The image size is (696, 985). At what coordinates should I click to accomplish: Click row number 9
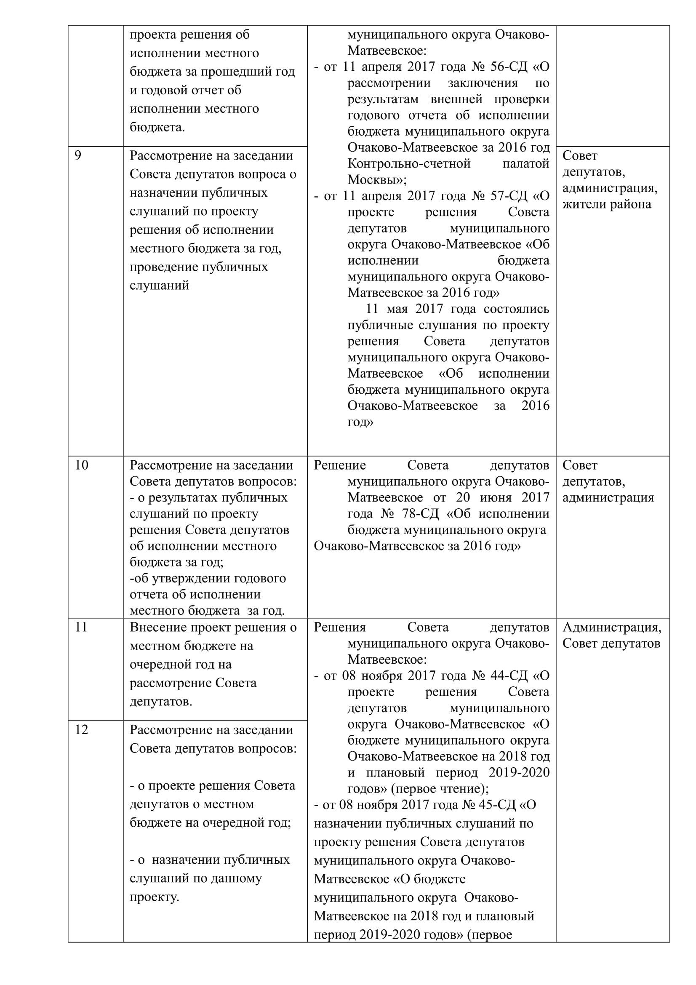[x=77, y=155]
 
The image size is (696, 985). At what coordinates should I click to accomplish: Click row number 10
[x=82, y=465]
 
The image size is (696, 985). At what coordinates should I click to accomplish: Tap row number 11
[x=81, y=627]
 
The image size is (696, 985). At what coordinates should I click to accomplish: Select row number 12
[x=82, y=730]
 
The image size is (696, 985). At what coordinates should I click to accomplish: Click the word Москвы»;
[x=377, y=180]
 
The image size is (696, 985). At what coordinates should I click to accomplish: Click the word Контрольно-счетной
[x=409, y=163]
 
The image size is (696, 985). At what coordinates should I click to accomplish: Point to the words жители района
[x=606, y=204]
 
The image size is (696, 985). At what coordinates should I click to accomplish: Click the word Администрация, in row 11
[x=611, y=627]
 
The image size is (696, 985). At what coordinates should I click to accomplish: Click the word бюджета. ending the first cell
[x=157, y=128]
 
